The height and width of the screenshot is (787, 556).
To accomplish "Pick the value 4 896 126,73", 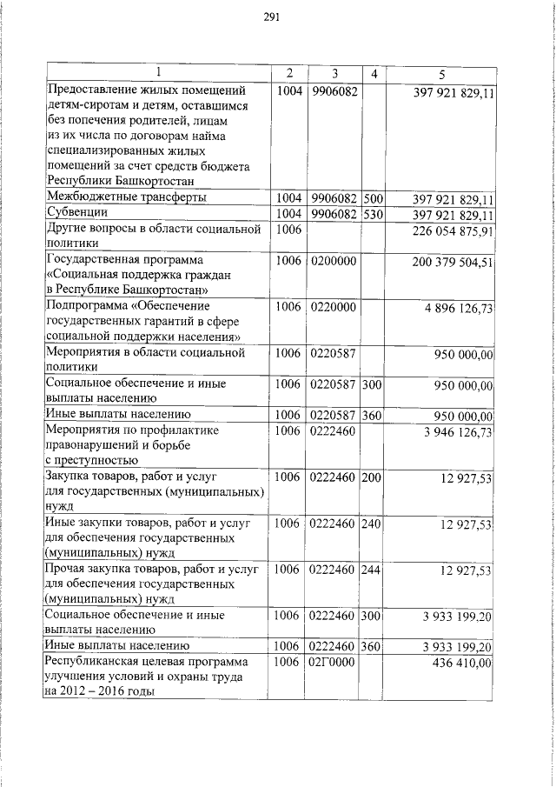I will click(459, 308).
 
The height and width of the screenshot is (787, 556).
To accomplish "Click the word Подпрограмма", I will click(89, 307).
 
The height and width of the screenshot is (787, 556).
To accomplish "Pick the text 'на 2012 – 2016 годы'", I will click(100, 693).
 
